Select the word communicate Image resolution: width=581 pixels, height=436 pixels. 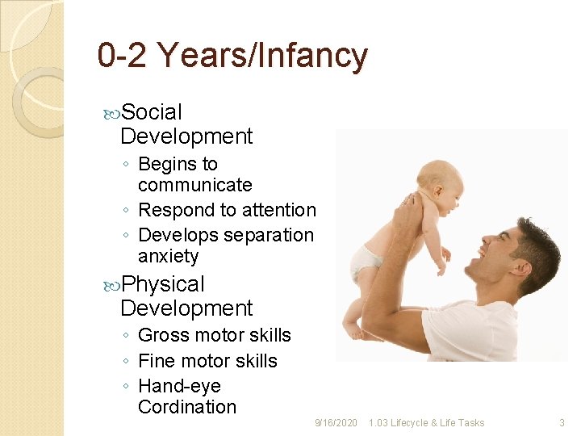coord(194,185)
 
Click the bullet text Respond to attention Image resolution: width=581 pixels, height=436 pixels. coord(227,210)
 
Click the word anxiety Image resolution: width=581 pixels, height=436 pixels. coord(168,257)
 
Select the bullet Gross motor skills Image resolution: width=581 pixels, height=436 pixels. coord(214,335)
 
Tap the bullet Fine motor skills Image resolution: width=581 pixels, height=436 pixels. coord(207,361)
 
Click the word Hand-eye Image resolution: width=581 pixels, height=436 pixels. coord(179,386)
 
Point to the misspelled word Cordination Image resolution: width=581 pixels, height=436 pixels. coord(187,407)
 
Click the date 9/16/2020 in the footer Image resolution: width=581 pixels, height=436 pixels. coord(336,423)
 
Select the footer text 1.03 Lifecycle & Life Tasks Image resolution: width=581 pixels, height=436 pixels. coord(426,423)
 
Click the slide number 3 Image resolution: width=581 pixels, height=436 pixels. coord(562,423)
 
